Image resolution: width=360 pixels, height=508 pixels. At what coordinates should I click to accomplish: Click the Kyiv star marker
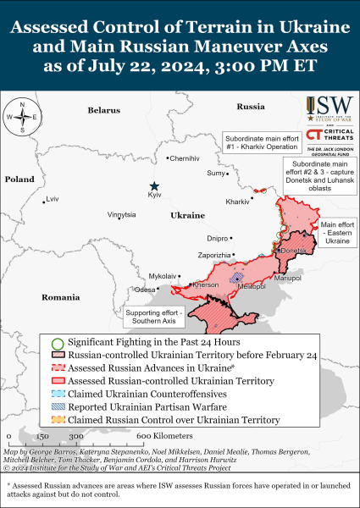click(x=154, y=186)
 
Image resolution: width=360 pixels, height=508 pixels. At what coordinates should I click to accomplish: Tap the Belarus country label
click(x=104, y=110)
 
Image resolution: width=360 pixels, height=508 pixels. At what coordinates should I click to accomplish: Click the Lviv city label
click(x=53, y=199)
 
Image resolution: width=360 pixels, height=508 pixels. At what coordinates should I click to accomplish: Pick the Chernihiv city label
click(x=185, y=158)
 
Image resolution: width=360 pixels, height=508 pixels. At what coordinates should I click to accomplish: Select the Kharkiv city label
click(x=237, y=202)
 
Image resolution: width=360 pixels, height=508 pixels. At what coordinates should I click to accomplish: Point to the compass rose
click(x=19, y=117)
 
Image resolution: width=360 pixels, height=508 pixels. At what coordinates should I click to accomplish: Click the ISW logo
click(x=330, y=108)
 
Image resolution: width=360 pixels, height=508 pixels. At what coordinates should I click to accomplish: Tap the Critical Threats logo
click(x=330, y=135)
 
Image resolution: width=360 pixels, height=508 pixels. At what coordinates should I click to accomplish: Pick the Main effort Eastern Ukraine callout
click(x=337, y=233)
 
